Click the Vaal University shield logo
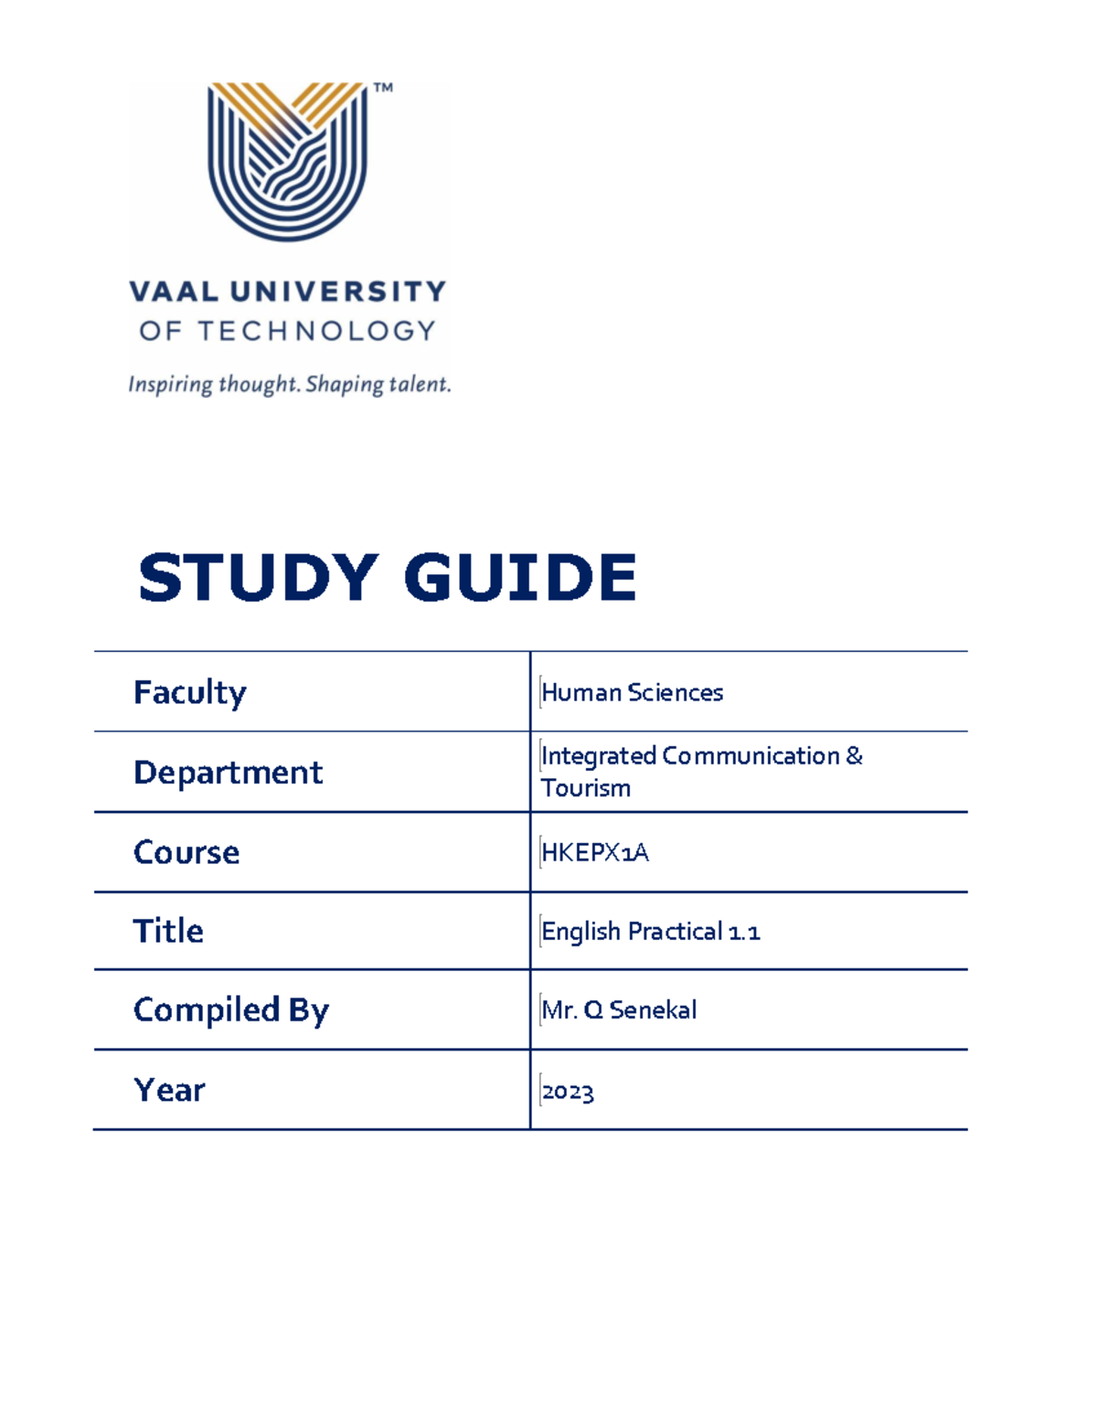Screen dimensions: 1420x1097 288,161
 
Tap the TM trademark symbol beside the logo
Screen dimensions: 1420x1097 383,88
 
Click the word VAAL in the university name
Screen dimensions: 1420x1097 174,292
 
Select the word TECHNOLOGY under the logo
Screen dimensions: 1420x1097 316,331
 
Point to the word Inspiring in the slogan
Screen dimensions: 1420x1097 170,384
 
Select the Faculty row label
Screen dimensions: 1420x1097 189,693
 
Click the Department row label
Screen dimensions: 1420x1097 228,773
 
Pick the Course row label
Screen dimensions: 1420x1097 186,852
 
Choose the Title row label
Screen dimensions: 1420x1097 168,931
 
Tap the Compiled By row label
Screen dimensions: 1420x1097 230,1010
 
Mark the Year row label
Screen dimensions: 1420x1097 169,1090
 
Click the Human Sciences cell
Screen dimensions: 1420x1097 632,693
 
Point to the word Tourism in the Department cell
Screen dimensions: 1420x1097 586,788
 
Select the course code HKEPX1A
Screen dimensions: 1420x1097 595,853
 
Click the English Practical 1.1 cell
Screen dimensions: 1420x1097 650,932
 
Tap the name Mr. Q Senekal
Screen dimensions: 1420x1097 619,1010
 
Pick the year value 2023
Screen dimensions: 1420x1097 568,1093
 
